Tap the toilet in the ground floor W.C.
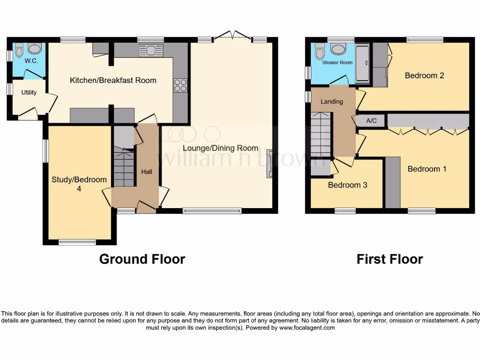pyautogui.click(x=19, y=49)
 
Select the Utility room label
pyautogui.click(x=29, y=92)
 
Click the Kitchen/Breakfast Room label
pyautogui.click(x=113, y=80)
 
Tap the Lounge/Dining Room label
pyautogui.click(x=220, y=148)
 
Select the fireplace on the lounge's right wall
pyautogui.click(x=270, y=164)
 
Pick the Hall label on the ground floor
pyautogui.click(x=147, y=172)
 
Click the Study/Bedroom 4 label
pyautogui.click(x=79, y=184)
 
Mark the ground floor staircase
pyautogui.click(x=124, y=167)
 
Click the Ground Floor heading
pyautogui.click(x=142, y=259)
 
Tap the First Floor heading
pyautogui.click(x=390, y=259)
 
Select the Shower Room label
pyautogui.click(x=337, y=62)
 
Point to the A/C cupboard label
pyautogui.click(x=371, y=121)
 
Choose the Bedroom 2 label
pyautogui.click(x=424, y=75)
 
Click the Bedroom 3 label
pyautogui.click(x=347, y=185)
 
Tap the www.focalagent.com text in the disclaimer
pyautogui.click(x=307, y=328)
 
